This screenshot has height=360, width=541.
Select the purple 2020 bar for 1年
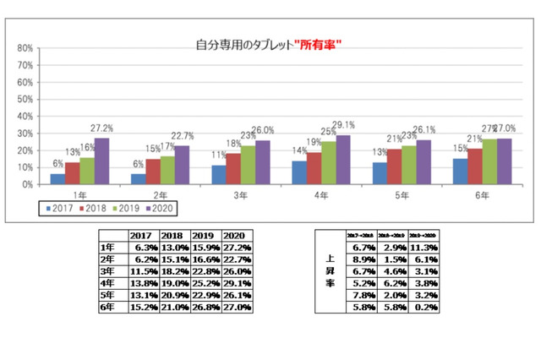point(102,161)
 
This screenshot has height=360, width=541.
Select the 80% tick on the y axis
point(25,48)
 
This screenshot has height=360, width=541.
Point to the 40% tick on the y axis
point(25,116)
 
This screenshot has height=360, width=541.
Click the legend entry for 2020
point(158,205)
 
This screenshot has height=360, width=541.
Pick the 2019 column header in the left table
point(203,236)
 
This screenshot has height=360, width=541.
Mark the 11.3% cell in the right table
point(423,248)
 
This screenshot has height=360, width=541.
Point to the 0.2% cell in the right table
point(423,307)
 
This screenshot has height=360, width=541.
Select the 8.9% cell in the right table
point(356,259)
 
